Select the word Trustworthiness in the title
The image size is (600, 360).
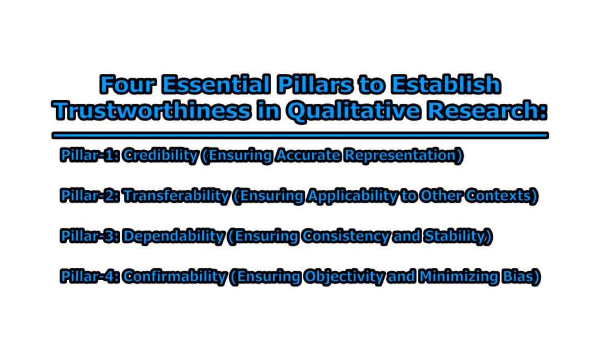pos(152,111)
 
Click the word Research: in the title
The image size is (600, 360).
pos(487,111)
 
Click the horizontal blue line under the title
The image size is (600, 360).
pos(300,135)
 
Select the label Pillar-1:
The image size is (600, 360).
pos(89,156)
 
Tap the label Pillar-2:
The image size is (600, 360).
pos(89,196)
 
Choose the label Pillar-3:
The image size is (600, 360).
pos(89,236)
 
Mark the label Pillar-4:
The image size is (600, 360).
pos(89,277)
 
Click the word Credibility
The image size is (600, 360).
pos(160,156)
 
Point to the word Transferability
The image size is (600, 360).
pos(176,196)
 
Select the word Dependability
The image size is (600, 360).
pos(173,236)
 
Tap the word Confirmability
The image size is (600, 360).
pos(174,277)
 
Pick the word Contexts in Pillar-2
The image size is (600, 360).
pos(501,196)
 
